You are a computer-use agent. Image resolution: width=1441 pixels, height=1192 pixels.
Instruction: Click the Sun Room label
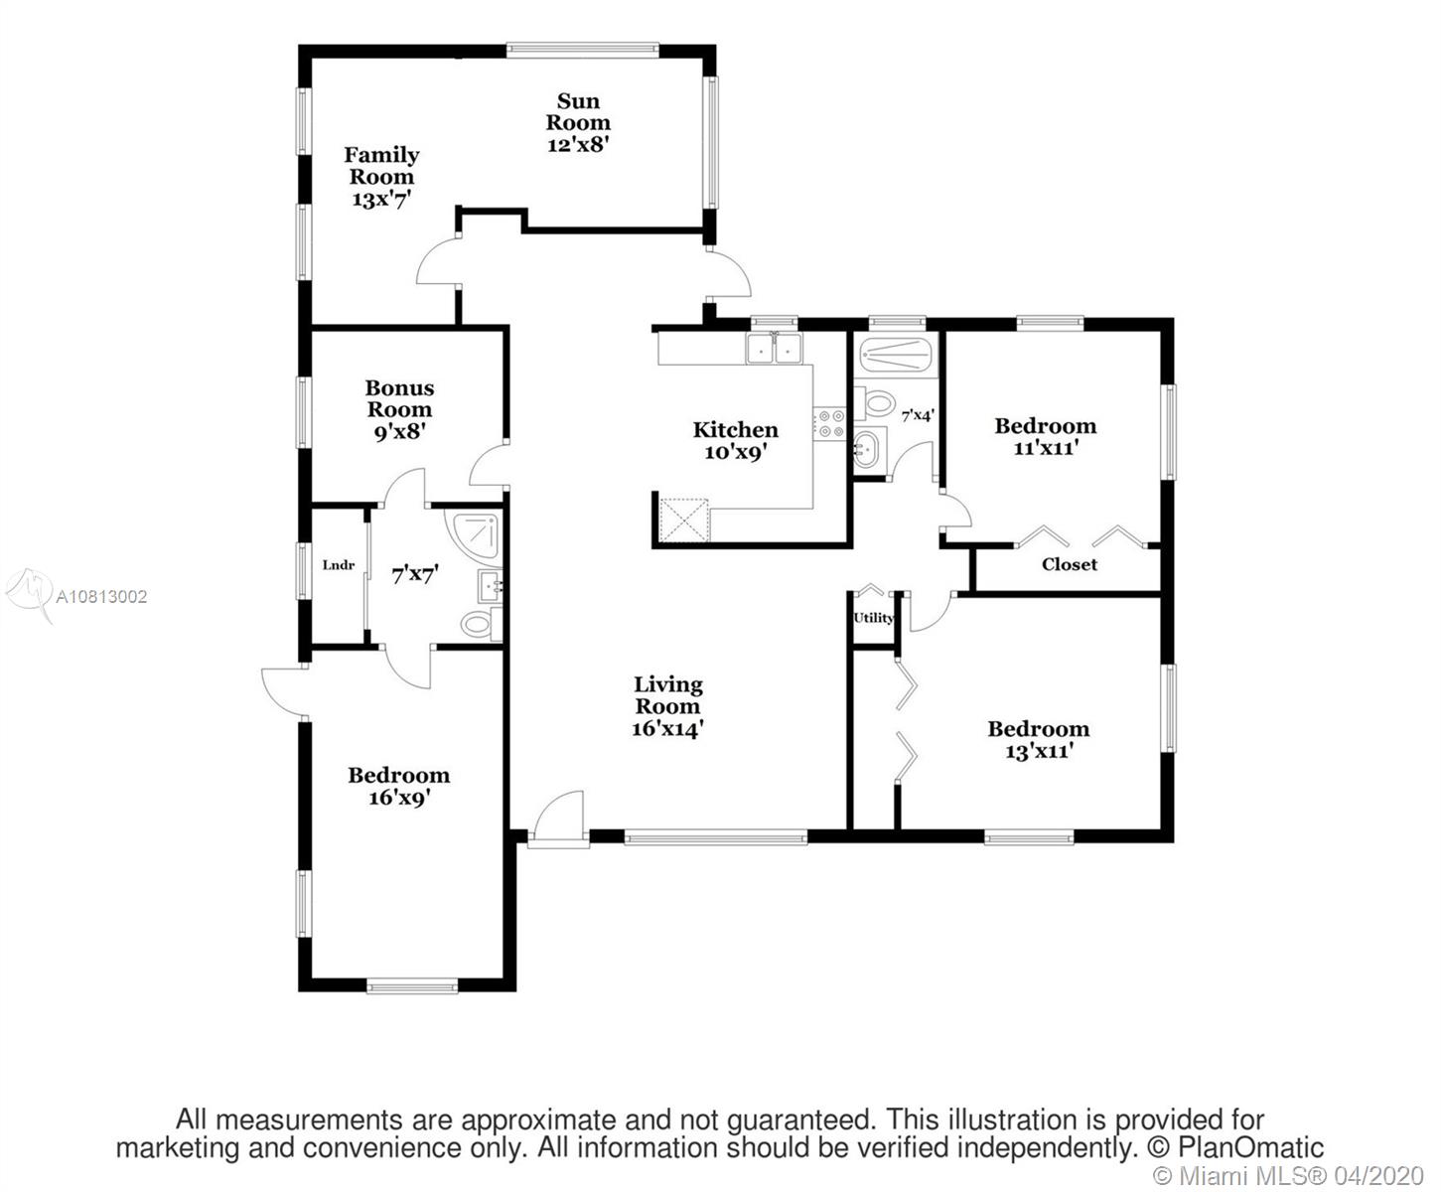click(x=578, y=123)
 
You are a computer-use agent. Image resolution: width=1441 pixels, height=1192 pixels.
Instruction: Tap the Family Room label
click(x=381, y=177)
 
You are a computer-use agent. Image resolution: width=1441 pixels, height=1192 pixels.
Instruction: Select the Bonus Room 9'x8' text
click(x=399, y=410)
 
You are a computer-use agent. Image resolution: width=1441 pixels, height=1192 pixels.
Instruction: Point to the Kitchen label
click(x=736, y=440)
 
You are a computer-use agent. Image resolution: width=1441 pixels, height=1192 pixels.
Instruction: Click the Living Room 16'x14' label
click(x=668, y=706)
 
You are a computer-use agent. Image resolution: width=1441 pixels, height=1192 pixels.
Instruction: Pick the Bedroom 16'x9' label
click(x=399, y=786)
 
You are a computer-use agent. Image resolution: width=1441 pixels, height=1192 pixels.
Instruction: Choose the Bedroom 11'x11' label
click(x=1046, y=437)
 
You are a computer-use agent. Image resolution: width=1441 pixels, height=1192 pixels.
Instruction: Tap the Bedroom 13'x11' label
click(x=1039, y=740)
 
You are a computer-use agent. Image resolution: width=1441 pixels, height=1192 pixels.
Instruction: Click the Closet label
click(x=1069, y=564)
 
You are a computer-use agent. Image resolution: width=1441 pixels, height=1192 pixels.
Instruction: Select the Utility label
click(x=874, y=619)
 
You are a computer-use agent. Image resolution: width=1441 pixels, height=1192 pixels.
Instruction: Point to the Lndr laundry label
click(x=339, y=565)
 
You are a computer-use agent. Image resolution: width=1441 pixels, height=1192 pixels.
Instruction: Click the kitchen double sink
click(x=774, y=348)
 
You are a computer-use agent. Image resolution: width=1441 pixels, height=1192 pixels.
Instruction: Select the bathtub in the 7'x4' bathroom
click(x=896, y=355)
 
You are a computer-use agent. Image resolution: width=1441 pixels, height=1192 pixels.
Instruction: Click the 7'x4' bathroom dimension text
click(x=918, y=415)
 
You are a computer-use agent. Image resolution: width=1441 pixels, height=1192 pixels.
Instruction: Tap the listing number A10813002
click(x=101, y=596)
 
